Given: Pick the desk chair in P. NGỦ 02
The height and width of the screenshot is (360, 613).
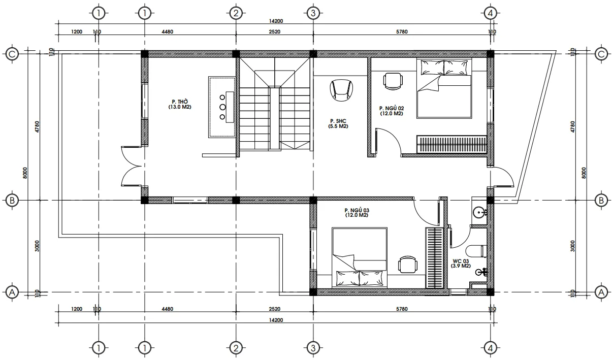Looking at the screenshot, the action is (x=393, y=81).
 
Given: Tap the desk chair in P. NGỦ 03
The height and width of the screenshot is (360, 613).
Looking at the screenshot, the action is (x=408, y=265).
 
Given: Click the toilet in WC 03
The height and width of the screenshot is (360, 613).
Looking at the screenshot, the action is (x=476, y=251).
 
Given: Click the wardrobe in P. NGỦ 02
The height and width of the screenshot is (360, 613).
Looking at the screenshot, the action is (x=451, y=144).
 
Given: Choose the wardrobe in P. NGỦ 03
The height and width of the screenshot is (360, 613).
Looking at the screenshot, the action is (x=434, y=258).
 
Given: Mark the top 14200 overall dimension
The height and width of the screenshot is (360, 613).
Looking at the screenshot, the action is (x=276, y=21).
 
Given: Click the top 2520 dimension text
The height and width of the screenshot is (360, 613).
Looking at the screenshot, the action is (x=274, y=31).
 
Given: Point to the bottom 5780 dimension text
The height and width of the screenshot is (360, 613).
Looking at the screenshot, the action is (x=402, y=309).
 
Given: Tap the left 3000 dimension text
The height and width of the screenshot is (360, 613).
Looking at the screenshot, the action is (x=37, y=246).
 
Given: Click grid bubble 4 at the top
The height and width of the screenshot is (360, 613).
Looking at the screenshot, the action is (x=490, y=13).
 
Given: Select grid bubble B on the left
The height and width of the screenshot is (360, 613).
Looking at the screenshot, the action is (x=12, y=200).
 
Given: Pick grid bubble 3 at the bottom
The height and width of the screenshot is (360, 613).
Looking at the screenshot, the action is (x=313, y=348).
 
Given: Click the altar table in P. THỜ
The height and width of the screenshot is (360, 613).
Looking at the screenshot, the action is (x=222, y=107).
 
